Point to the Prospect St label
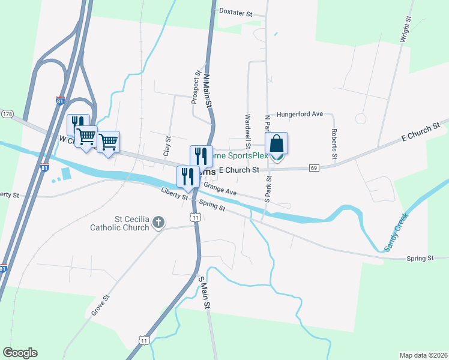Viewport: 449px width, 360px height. click(196, 88)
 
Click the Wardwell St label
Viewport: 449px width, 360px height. click(247, 129)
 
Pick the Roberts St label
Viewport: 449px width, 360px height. click(334, 145)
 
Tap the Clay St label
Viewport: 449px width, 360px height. click(167, 146)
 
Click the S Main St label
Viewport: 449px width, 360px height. click(205, 293)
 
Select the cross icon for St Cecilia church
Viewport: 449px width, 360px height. click(158, 223)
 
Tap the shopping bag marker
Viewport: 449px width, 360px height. click(276, 145)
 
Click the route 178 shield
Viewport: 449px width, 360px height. click(7, 113)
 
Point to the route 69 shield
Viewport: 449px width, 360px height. click(314, 168)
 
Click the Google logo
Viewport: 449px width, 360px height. click(20, 353)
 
